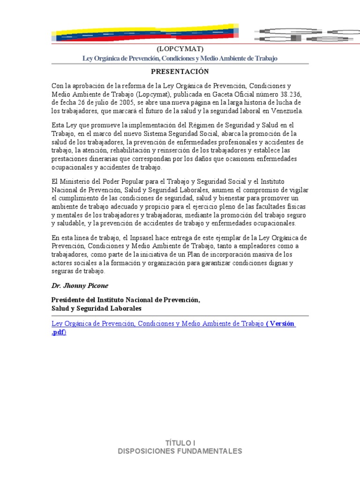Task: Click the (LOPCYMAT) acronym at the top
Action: (x=180, y=48)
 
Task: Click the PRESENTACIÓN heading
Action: (x=180, y=71)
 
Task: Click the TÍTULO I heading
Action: (x=180, y=442)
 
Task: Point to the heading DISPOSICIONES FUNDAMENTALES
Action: (x=180, y=451)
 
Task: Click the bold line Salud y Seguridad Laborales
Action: (x=96, y=308)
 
